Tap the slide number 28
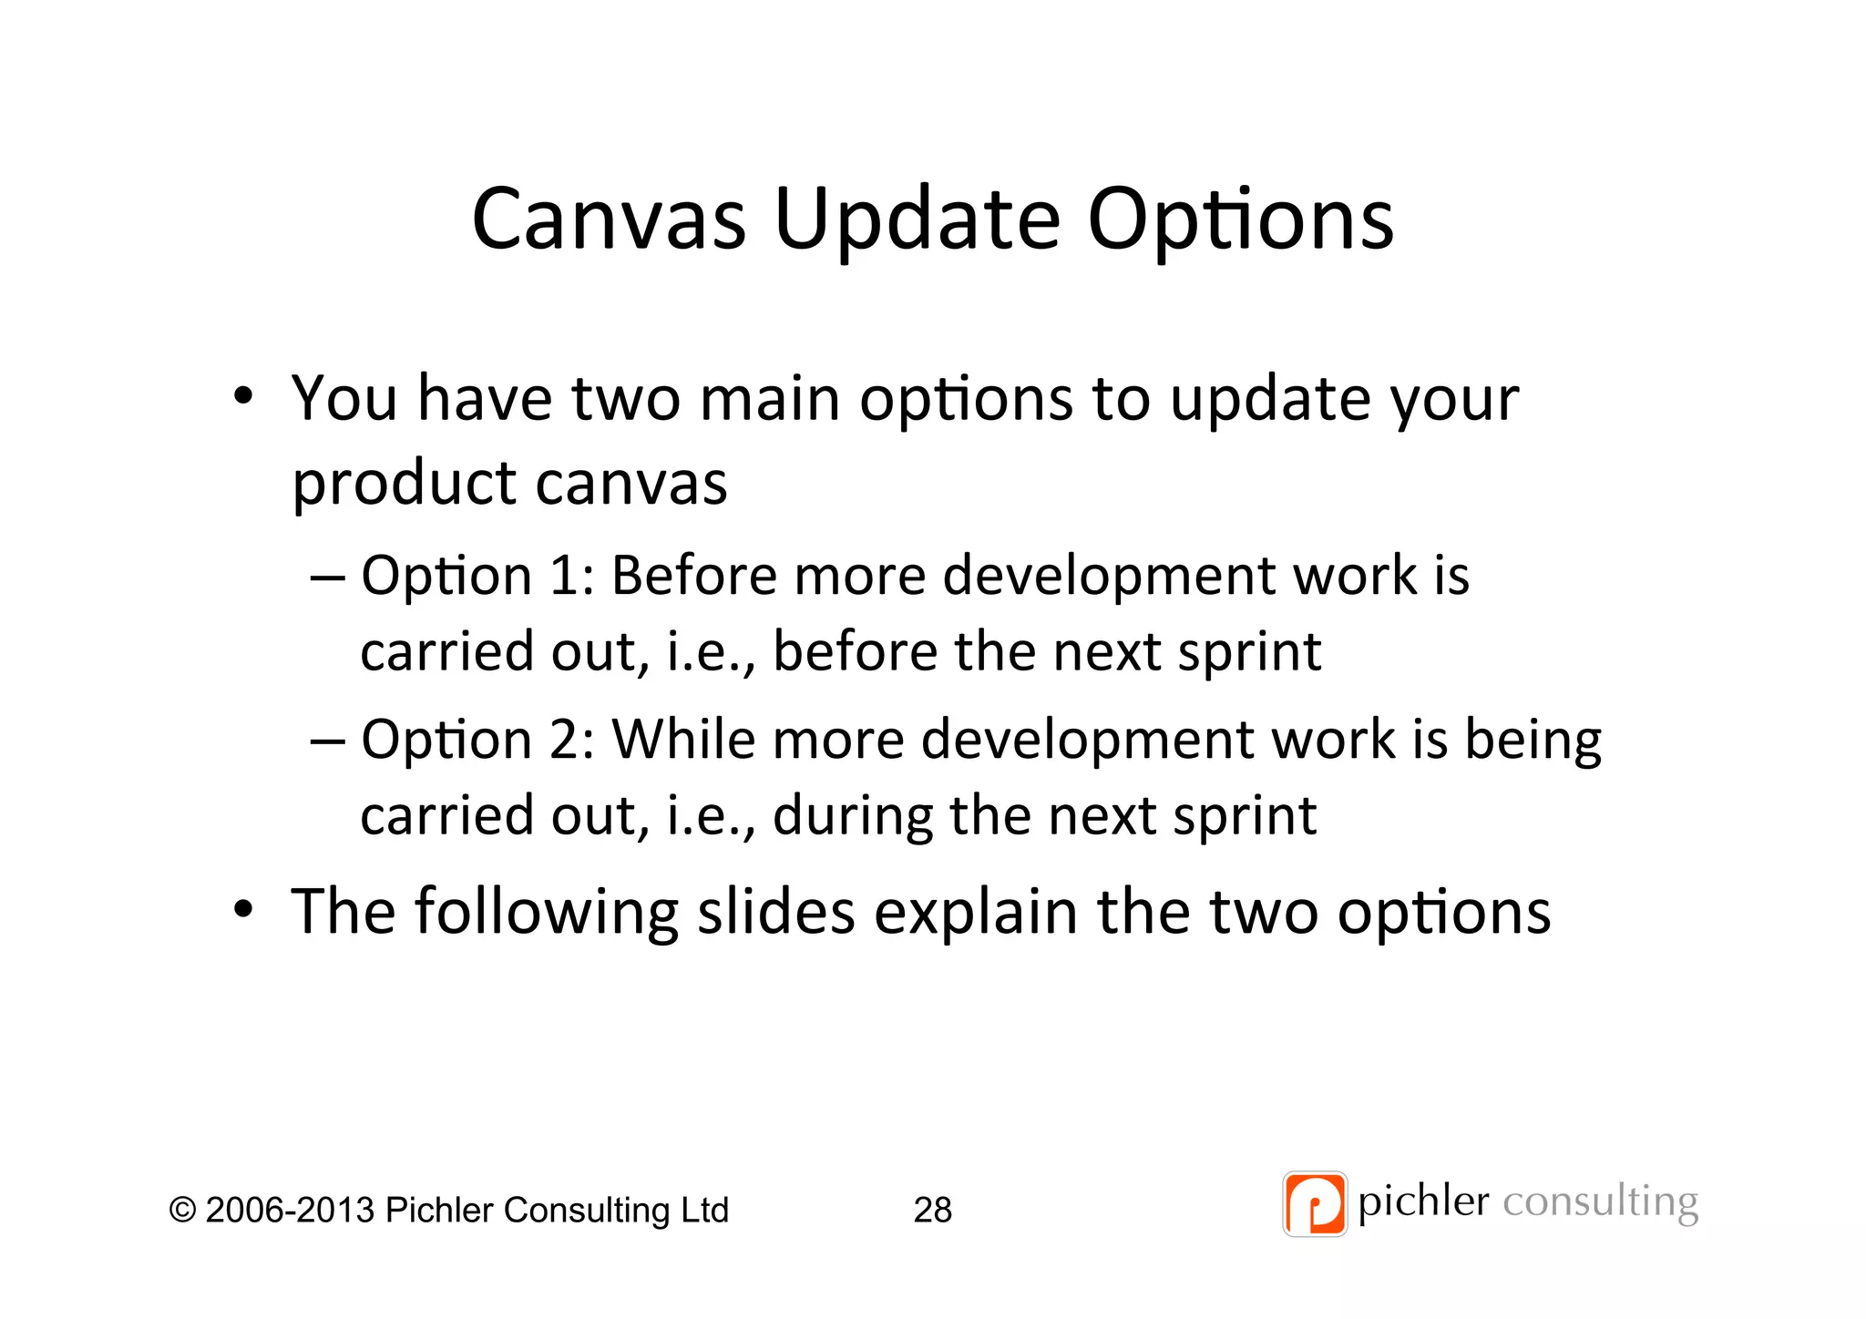click(x=932, y=1210)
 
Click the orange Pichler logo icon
click(x=1314, y=1203)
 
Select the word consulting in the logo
click(x=1600, y=1202)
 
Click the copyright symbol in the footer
click(x=182, y=1211)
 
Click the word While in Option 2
click(x=682, y=739)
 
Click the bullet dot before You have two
click(x=242, y=397)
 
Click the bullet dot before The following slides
click(x=242, y=909)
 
